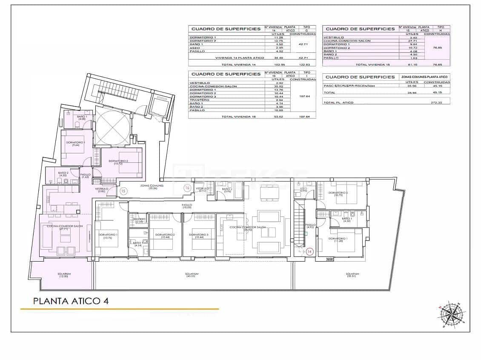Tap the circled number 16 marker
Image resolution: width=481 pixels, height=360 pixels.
tap(187, 187)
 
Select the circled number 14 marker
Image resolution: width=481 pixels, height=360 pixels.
tap(309, 252)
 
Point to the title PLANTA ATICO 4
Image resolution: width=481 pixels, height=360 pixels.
tap(71, 301)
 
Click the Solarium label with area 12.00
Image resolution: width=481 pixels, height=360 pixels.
tap(65, 275)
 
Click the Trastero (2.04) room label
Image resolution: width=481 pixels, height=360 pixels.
tap(139, 220)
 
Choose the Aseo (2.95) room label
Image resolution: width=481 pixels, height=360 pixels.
tap(303, 189)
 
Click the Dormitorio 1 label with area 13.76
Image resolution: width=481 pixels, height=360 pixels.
tap(109, 236)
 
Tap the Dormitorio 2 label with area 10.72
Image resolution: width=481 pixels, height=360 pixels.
tap(118, 162)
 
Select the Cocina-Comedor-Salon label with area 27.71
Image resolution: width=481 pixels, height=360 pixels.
tap(65, 228)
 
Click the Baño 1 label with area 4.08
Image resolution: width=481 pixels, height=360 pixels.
tap(82, 118)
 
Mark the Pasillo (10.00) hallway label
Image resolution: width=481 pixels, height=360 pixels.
tap(187, 206)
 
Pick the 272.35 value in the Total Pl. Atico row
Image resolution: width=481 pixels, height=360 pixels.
tap(434, 103)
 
